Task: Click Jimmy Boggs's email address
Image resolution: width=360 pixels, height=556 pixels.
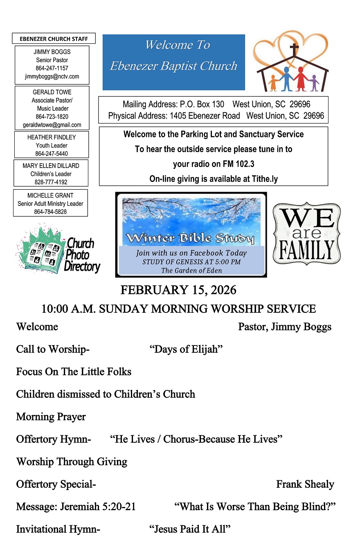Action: coord(52,76)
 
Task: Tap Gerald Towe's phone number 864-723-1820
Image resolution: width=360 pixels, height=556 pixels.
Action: coord(52,117)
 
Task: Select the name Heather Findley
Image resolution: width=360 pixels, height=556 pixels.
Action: coord(52,137)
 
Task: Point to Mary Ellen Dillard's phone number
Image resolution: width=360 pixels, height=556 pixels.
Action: coord(51,182)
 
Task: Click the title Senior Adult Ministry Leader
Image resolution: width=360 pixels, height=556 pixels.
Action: coord(50,204)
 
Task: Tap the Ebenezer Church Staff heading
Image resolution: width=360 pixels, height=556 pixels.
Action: coord(54,39)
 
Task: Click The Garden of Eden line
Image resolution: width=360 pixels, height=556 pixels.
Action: coord(191,271)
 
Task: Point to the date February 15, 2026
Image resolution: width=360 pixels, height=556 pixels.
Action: coord(178,290)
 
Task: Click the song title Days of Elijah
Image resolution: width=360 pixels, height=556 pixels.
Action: coord(186,350)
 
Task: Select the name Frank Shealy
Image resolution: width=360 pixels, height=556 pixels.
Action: coord(305,484)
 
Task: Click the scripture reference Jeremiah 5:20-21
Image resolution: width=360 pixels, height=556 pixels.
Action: coord(98,507)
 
